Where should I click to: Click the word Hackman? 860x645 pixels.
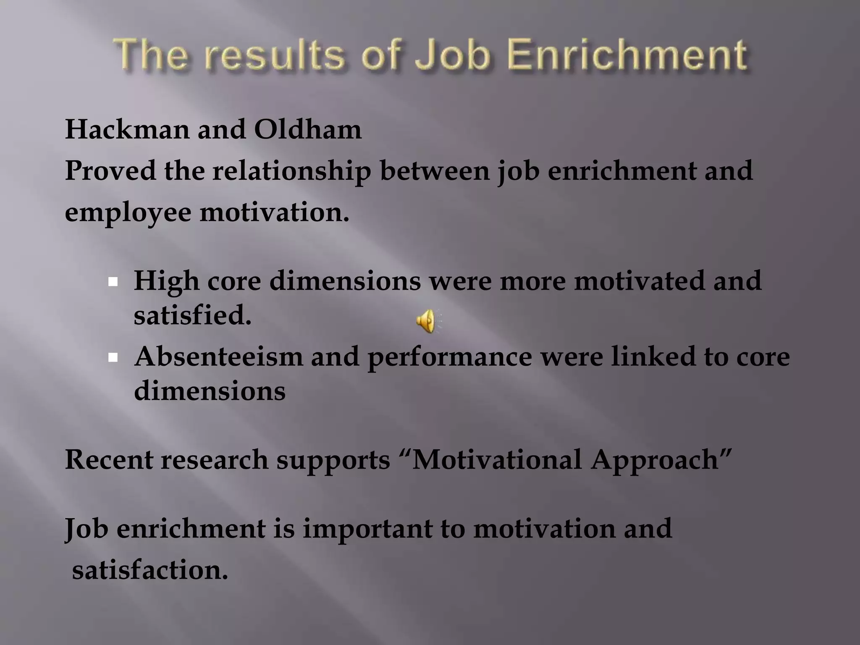click(127, 129)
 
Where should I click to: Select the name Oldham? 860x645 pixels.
click(307, 129)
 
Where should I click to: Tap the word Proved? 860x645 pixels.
click(110, 171)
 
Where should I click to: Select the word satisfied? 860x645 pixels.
click(192, 315)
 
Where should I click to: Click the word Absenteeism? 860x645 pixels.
click(218, 357)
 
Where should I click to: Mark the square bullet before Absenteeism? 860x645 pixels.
click(113, 357)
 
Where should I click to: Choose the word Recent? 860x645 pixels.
click(109, 459)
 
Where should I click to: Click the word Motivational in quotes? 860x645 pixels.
click(497, 459)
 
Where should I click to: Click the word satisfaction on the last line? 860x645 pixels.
click(150, 570)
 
